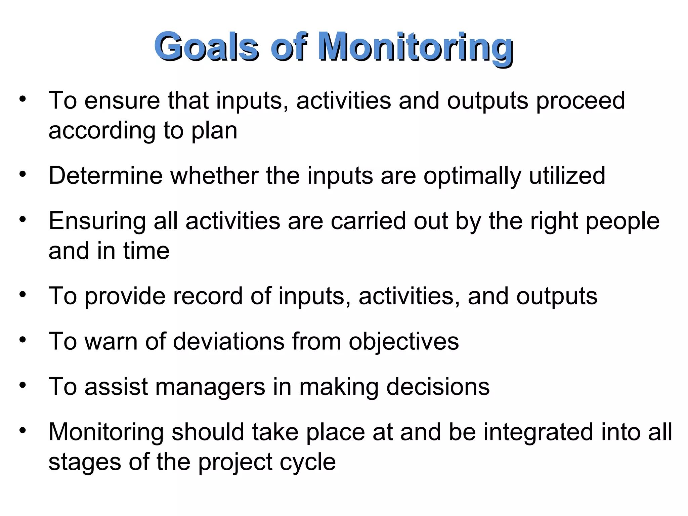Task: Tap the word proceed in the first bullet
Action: tap(580, 101)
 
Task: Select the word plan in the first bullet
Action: tap(214, 131)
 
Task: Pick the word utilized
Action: tap(567, 176)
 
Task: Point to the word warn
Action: tap(111, 341)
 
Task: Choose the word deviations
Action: tap(229, 341)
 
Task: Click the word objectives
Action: tap(403, 342)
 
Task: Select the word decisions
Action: tap(438, 387)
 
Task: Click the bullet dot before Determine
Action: tap(23, 174)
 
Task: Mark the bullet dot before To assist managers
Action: tap(23, 385)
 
